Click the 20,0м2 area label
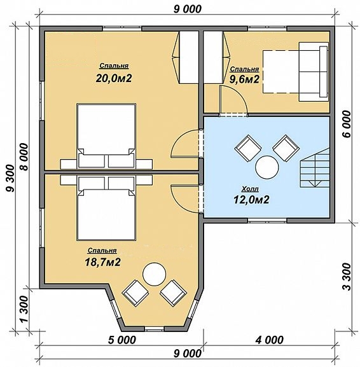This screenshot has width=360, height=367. (114, 78)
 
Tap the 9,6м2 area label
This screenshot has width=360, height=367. (244, 80)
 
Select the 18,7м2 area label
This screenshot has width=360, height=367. (102, 263)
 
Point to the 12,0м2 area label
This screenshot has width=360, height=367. (251, 200)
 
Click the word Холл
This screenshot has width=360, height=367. (250, 189)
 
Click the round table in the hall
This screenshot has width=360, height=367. (267, 167)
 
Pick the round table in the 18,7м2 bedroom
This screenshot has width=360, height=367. (155, 274)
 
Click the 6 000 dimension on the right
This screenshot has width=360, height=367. (348, 124)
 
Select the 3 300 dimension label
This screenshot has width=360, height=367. (348, 277)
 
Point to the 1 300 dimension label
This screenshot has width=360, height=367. (24, 309)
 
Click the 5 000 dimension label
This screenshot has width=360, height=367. (122, 340)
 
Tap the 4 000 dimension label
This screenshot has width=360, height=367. (270, 340)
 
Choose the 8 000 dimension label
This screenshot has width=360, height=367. (24, 157)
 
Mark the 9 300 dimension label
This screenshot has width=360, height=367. (11, 179)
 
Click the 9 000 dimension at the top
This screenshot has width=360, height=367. (187, 9)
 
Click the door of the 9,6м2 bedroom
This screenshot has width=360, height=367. (233, 100)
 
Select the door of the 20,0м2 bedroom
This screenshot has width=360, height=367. (185, 144)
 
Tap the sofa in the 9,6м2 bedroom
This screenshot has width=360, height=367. (314, 72)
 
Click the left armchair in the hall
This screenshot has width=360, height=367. (248, 148)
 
